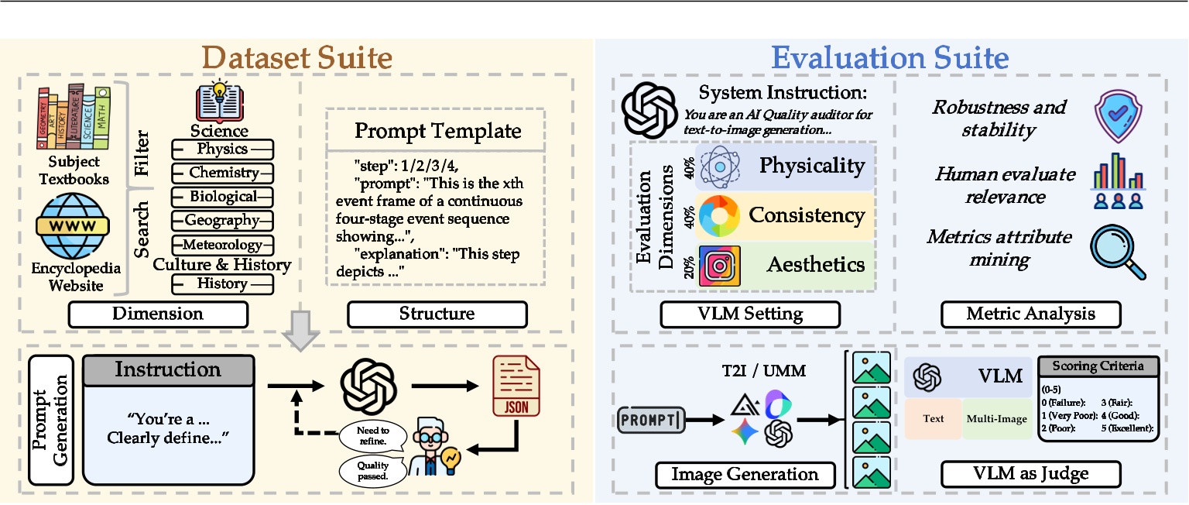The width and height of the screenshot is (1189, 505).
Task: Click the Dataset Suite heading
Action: [297, 58]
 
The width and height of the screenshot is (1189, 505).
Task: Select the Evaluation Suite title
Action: [890, 58]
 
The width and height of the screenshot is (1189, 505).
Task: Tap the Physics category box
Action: [222, 149]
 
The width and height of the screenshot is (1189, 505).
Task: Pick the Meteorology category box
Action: [222, 246]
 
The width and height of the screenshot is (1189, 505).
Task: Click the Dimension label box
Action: [157, 314]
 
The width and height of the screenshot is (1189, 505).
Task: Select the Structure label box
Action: [437, 314]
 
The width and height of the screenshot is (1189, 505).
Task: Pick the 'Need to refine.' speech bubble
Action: [372, 435]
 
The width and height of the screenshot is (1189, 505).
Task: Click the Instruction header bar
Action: [168, 369]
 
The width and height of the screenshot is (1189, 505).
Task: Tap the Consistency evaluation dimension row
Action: [786, 215]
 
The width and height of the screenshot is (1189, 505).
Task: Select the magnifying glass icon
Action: [1118, 251]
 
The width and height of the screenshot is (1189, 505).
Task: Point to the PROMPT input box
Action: [653, 421]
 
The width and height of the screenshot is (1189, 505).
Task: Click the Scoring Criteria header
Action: [1098, 366]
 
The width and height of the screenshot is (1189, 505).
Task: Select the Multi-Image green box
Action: [996, 419]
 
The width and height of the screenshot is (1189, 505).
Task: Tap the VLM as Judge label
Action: [1030, 473]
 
